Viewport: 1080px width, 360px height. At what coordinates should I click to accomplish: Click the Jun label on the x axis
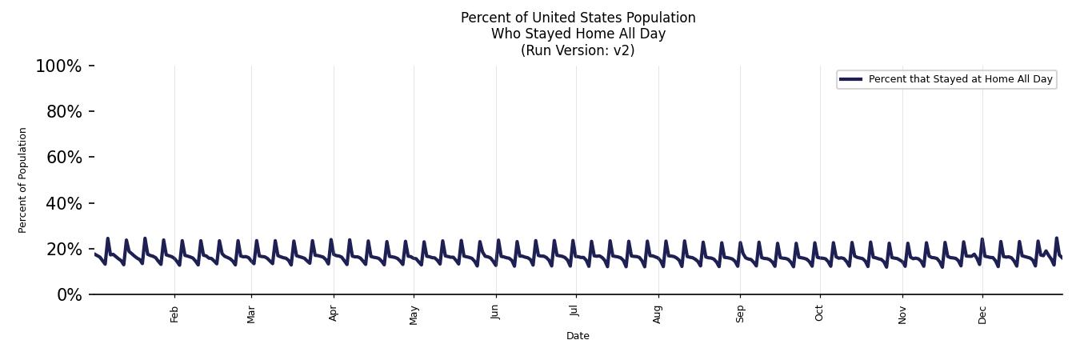496,314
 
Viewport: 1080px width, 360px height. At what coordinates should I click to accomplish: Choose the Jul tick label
575,313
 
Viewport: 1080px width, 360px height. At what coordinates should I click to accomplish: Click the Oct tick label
819,314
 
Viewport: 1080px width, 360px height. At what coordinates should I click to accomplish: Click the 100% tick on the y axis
58,66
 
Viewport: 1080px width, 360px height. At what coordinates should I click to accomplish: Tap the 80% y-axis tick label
64,112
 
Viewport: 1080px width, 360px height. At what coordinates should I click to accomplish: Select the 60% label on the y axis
64,158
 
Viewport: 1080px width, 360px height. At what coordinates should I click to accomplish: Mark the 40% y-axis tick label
64,204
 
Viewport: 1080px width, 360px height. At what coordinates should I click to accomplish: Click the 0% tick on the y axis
70,295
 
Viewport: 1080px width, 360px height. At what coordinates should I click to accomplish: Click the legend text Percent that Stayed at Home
960,79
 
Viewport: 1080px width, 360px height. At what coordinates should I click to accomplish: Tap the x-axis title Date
578,336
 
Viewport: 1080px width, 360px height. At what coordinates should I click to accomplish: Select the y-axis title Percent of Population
22,180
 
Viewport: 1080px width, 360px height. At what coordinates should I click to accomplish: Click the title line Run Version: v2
578,50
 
